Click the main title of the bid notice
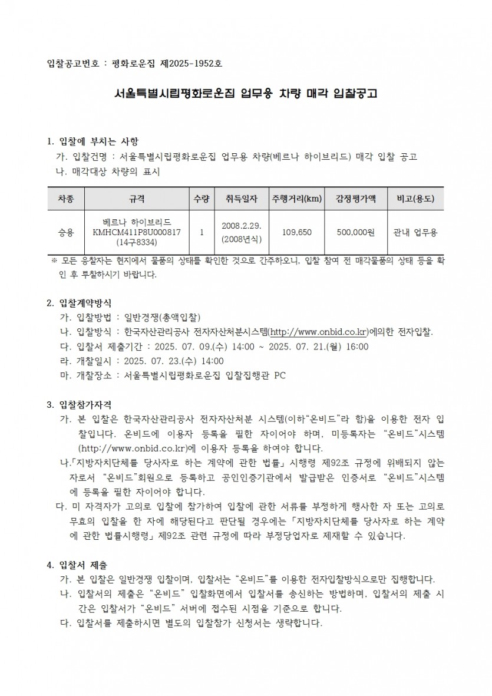[x=246, y=93]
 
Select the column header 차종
[x=66, y=199]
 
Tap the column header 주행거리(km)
[x=296, y=199]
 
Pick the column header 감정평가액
[x=356, y=199]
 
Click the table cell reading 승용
[x=66, y=232]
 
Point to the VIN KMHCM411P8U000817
[x=137, y=232]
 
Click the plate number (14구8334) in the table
[x=137, y=242]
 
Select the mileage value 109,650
[x=296, y=232]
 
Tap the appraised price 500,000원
[x=356, y=232]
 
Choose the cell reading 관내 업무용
[x=415, y=232]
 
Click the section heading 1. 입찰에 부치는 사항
[x=93, y=141]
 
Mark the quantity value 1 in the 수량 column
[x=202, y=232]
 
